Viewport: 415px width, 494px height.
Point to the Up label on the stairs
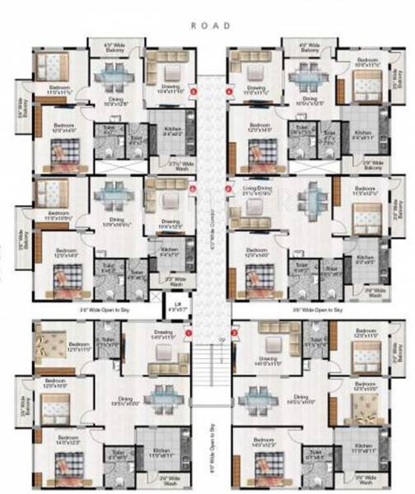click(x=220, y=338)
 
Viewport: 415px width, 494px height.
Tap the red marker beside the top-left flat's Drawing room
click(x=193, y=92)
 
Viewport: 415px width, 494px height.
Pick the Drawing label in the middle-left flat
click(x=170, y=222)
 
